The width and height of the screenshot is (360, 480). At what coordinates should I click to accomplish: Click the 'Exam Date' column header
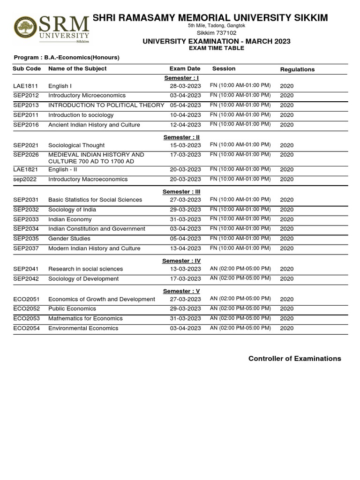click(x=185, y=68)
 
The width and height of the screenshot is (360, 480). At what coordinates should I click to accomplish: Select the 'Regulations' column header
click(x=297, y=69)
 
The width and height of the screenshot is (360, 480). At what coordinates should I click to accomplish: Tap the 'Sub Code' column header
click(x=27, y=68)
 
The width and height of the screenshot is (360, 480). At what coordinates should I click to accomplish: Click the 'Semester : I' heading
click(x=181, y=78)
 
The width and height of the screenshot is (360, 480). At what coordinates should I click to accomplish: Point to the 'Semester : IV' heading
click(x=181, y=261)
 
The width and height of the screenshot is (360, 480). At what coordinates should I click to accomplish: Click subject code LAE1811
click(x=26, y=86)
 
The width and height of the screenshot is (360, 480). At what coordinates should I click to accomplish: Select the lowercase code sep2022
click(x=25, y=180)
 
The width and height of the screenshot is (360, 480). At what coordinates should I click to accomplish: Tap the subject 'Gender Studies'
click(x=69, y=239)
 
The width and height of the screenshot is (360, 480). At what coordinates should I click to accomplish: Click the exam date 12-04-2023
click(x=185, y=125)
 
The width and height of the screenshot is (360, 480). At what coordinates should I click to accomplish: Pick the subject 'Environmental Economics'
click(x=83, y=328)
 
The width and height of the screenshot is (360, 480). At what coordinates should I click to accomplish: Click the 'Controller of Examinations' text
click(x=294, y=359)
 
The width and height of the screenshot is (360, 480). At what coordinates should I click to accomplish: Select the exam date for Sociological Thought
click(x=185, y=145)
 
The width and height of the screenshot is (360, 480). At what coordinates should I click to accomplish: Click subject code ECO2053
click(x=26, y=318)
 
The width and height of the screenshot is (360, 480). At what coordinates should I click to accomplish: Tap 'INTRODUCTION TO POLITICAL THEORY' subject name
click(x=106, y=105)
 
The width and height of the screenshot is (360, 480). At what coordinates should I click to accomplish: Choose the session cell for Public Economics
click(x=240, y=308)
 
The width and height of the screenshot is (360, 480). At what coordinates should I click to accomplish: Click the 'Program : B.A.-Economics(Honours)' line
click(x=66, y=58)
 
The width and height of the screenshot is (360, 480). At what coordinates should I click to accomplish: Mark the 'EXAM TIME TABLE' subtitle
click(x=216, y=48)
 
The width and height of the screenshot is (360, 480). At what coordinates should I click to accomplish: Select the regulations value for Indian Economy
click(x=286, y=219)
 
